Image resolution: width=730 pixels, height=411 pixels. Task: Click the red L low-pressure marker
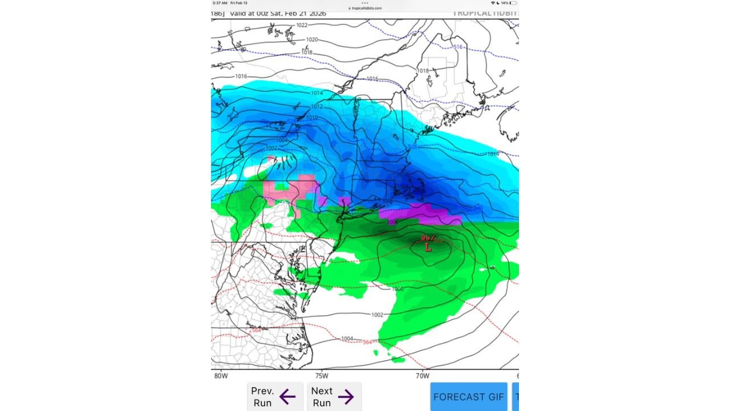pyautogui.click(x=428, y=247)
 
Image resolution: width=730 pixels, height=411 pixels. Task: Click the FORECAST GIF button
pyautogui.click(x=468, y=397)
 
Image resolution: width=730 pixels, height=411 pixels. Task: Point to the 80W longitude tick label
pyautogui.click(x=221, y=376)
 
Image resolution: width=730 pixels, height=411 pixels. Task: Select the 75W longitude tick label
pyautogui.click(x=322, y=376)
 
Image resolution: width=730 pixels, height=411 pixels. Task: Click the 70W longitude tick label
pyautogui.click(x=422, y=376)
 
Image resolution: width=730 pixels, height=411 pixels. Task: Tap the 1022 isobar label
pyautogui.click(x=302, y=25)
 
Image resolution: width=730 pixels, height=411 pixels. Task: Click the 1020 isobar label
pyautogui.click(x=312, y=40)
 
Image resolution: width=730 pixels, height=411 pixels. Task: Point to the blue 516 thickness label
pyautogui.click(x=457, y=47)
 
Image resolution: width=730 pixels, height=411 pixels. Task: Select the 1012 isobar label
pyautogui.click(x=317, y=107)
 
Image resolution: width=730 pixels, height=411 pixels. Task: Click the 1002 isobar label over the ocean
pyautogui.click(x=377, y=315)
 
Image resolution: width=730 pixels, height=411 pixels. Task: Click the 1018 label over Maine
pyautogui.click(x=423, y=71)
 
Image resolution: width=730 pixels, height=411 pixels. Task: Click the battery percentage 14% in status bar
pyautogui.click(x=505, y=3)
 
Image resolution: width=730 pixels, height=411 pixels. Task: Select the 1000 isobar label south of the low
pyautogui.click(x=398, y=289)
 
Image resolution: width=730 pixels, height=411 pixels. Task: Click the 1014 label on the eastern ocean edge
pyautogui.click(x=493, y=154)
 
